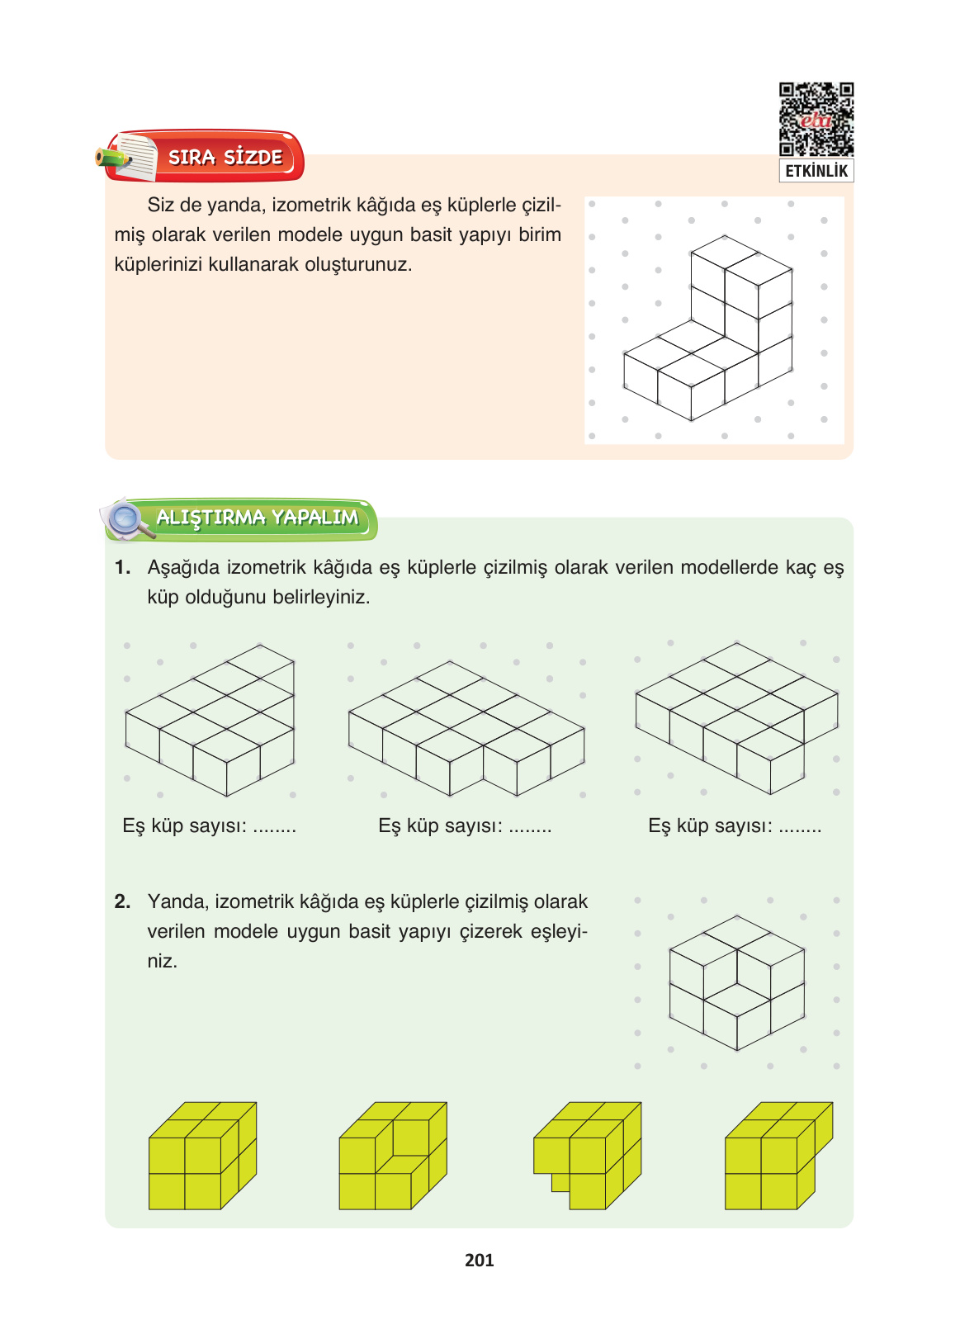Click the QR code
(816, 119)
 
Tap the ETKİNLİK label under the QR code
(816, 171)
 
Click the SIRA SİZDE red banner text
(225, 157)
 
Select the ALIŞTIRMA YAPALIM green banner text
(258, 517)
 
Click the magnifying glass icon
(129, 519)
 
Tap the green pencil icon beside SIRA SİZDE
(113, 158)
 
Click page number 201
(480, 1261)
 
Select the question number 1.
(122, 567)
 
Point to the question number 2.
(122, 901)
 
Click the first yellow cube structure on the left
(202, 1156)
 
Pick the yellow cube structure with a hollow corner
(393, 1156)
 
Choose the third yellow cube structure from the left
(587, 1156)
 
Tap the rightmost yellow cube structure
(779, 1156)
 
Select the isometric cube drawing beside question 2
(736, 982)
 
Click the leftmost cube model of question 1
(210, 720)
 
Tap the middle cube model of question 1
(466, 728)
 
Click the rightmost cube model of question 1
(736, 718)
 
